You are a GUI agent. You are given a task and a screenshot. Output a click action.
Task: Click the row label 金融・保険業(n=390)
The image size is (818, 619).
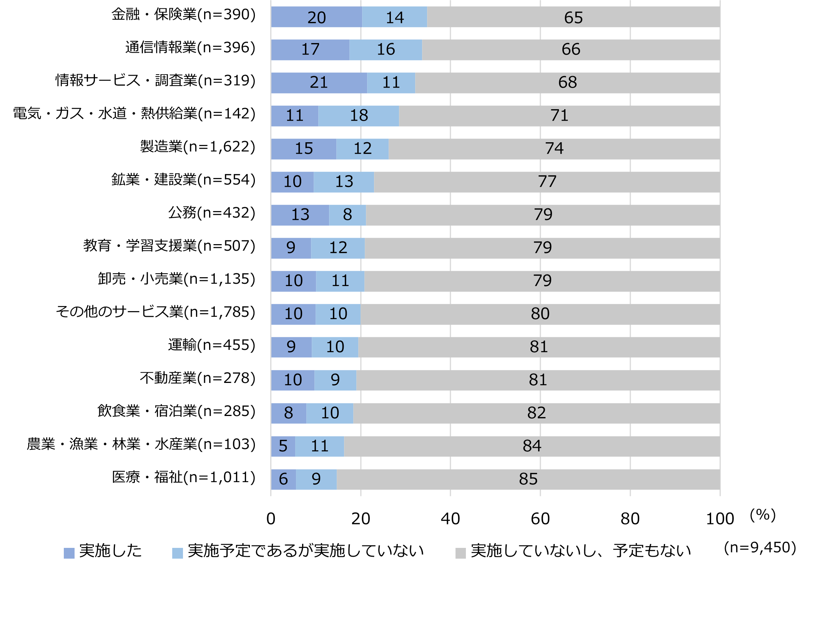(x=183, y=15)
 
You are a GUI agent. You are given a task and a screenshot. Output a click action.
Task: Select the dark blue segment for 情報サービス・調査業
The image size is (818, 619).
(x=319, y=83)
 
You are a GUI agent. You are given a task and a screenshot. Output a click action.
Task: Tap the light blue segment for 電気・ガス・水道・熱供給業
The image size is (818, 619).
(x=359, y=116)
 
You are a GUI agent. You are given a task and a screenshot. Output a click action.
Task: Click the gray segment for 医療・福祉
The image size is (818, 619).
(x=528, y=479)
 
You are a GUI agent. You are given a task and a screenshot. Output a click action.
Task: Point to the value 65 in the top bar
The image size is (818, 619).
(x=573, y=18)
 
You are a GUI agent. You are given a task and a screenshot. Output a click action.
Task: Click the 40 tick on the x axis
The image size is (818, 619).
(x=450, y=519)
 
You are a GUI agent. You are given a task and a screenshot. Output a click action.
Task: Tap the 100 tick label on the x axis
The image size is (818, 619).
(x=720, y=519)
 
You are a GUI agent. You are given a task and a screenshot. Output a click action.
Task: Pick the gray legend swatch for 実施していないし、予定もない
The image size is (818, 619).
(x=461, y=553)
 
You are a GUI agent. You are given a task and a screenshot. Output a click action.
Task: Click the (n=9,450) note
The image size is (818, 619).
(x=760, y=547)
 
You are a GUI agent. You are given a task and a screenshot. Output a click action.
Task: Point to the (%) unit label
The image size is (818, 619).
(x=763, y=515)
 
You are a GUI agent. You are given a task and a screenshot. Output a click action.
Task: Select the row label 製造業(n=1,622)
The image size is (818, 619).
(x=198, y=147)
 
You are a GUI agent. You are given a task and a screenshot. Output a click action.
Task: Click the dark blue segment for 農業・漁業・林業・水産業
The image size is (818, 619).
(x=283, y=446)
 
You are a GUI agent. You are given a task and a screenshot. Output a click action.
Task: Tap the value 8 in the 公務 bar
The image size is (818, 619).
(x=347, y=215)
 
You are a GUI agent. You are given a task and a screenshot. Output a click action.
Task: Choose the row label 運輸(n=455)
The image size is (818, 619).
(x=211, y=345)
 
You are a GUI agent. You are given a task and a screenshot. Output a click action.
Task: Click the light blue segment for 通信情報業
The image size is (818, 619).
(x=386, y=50)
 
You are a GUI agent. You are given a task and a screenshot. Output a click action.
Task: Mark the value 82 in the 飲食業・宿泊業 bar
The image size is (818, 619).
(x=536, y=413)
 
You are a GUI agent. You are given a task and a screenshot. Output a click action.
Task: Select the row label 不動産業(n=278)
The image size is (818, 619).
(x=198, y=378)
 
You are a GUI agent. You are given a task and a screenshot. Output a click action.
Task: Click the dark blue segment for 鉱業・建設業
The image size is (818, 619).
(x=292, y=182)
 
